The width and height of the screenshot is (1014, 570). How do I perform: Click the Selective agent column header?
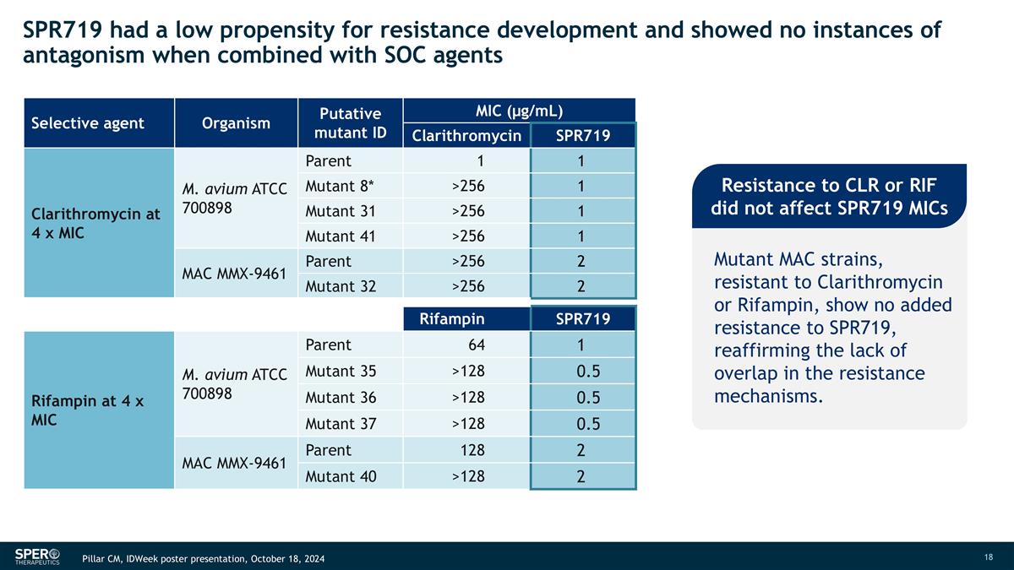coord(88,123)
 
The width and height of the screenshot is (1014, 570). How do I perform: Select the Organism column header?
coord(236,123)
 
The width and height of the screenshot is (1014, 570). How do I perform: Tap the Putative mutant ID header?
coord(351,123)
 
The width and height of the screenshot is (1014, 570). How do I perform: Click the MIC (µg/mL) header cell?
coord(520,111)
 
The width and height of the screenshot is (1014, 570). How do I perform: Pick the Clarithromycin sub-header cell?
coord(466,136)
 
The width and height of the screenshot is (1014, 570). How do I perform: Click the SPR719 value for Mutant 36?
coord(581,398)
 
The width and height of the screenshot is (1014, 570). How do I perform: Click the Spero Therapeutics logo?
coord(37,556)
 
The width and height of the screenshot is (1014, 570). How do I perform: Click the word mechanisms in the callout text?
coord(766,396)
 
